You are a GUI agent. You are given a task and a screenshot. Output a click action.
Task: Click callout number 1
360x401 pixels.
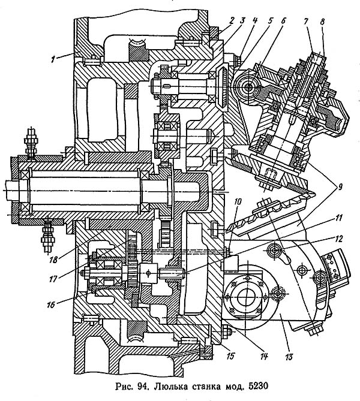tap(53, 60)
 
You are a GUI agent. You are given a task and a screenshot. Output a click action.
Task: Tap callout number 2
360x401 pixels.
tap(231, 21)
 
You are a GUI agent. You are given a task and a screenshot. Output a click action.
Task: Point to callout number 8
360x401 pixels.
tap(322, 22)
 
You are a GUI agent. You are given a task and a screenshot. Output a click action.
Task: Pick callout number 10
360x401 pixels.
tap(238, 202)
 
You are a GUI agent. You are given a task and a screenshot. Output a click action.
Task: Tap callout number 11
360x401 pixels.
tap(339, 218)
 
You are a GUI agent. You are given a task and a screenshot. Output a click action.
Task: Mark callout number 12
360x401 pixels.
tap(338, 239)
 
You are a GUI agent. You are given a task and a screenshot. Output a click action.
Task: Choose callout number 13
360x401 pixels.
tap(289, 357)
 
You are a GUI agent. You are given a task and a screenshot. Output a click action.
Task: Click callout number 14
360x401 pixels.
tap(264, 355)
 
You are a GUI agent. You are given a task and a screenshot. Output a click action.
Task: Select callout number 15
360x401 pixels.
tap(230, 355)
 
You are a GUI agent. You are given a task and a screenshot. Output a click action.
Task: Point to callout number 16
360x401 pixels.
tap(51, 304)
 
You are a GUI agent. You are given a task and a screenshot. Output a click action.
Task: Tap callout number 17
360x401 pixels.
tap(53, 279)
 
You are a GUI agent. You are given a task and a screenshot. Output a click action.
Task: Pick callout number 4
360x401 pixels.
tap(254, 21)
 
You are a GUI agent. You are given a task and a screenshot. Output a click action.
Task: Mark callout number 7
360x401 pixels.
tap(306, 22)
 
